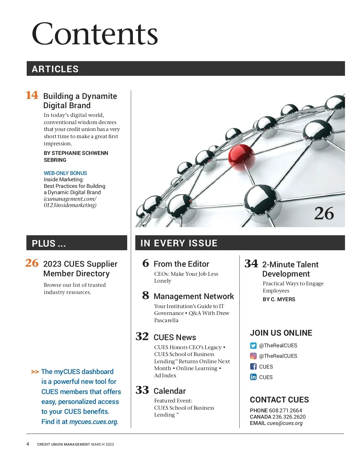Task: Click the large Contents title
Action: tap(95, 34)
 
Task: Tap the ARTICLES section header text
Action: tap(55, 69)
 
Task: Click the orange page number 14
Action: tap(32, 95)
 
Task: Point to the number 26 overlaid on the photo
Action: tap(324, 213)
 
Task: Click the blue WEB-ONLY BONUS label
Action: tap(65, 173)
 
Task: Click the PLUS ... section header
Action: tap(49, 243)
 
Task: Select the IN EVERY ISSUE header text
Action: tap(179, 243)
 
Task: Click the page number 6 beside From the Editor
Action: tap(145, 263)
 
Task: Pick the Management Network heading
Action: tap(193, 296)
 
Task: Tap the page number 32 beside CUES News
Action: tap(142, 336)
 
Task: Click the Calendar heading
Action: tap(169, 391)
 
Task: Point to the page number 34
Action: tap(251, 264)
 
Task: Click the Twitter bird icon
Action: tap(253, 346)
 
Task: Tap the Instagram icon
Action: tap(253, 356)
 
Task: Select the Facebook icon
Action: tap(253, 367)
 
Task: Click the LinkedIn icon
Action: tap(253, 377)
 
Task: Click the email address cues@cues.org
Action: tap(285, 423)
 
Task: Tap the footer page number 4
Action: tap(28, 444)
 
